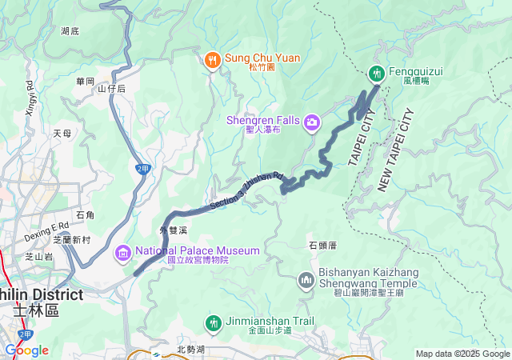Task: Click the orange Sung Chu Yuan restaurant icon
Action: click(x=212, y=58)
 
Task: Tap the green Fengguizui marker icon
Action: click(x=376, y=74)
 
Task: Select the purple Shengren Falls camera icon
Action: click(x=311, y=122)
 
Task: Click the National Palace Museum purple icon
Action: click(x=122, y=253)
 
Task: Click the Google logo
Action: click(x=26, y=350)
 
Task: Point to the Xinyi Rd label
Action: click(x=30, y=96)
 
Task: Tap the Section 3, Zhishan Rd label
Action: click(x=247, y=191)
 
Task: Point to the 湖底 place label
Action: click(x=70, y=31)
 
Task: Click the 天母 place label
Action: click(x=62, y=133)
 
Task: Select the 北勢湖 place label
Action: click(x=192, y=349)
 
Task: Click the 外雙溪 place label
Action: click(x=173, y=230)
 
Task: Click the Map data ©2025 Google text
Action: click(x=462, y=354)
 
